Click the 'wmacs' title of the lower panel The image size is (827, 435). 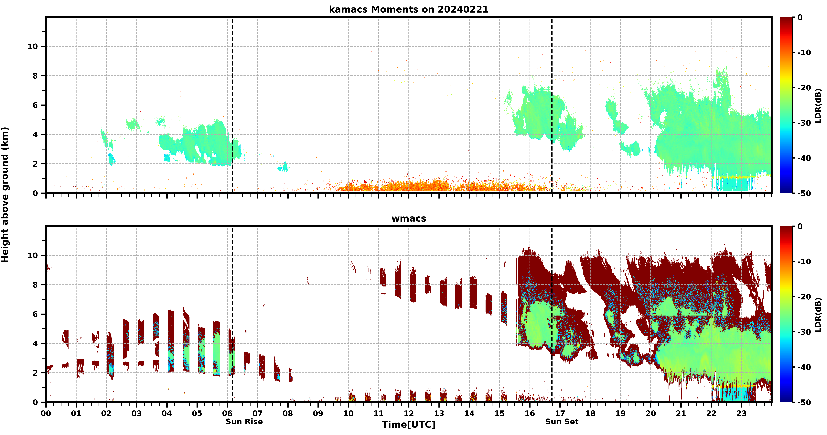pyautogui.click(x=409, y=218)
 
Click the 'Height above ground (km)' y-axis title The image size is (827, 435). pyautogui.click(x=5, y=195)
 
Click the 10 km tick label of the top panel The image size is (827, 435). pyautogui.click(x=33, y=47)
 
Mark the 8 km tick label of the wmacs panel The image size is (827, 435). pyautogui.click(x=35, y=285)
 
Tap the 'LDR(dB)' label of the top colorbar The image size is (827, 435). pyautogui.click(x=818, y=105)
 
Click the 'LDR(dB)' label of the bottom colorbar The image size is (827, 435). pyautogui.click(x=818, y=315)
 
